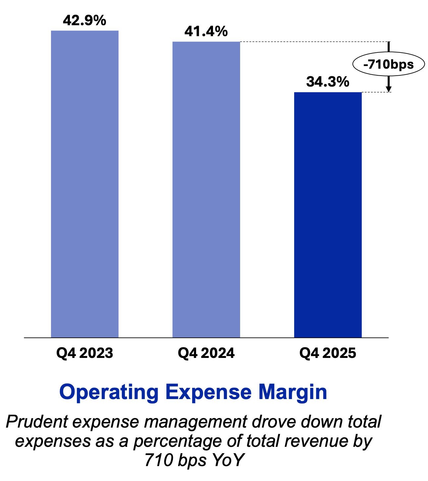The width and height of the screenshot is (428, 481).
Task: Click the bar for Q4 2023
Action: coord(84,184)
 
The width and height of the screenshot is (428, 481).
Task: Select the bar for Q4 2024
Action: coord(206,189)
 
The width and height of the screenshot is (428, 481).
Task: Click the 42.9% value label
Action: coord(84,21)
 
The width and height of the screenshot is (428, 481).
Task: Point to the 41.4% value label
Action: coord(206,32)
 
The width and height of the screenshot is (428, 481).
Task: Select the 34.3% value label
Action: coord(328,82)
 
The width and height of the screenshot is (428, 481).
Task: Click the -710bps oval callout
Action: coord(389,64)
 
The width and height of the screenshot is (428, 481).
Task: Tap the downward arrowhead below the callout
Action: coord(389,89)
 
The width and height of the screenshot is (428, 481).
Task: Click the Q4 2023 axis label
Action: coord(84,353)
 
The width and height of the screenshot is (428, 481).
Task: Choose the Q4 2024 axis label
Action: coord(206,353)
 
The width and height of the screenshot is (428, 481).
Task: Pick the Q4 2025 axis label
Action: coord(328,353)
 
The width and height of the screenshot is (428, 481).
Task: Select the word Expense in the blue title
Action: coord(208,392)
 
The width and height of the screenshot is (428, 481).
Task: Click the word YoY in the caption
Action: coord(228,460)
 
